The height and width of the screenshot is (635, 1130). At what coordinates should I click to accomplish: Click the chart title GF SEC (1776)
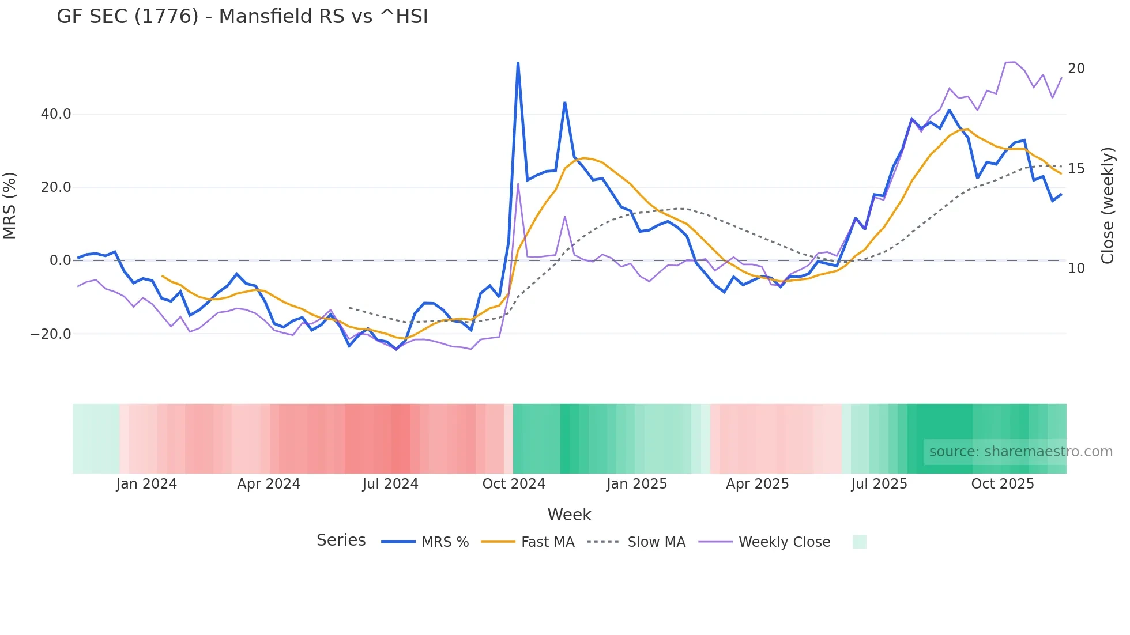click(242, 16)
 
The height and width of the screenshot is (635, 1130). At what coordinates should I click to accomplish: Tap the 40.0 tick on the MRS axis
click(56, 114)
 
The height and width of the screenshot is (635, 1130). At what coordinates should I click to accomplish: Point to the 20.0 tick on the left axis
click(56, 187)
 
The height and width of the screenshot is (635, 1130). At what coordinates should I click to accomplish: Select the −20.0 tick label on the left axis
click(51, 334)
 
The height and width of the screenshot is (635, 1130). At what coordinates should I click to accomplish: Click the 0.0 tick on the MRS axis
click(60, 260)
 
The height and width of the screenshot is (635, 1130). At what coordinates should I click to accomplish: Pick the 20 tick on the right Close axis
click(1076, 69)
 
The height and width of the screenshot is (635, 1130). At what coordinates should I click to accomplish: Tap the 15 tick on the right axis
click(1076, 169)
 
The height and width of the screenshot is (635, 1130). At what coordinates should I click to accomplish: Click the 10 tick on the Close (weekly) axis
click(1076, 269)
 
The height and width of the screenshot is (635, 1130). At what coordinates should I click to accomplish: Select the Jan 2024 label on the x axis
click(146, 484)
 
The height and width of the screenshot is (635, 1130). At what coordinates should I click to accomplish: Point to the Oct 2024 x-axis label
click(514, 484)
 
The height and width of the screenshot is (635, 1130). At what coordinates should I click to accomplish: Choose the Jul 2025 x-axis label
click(879, 484)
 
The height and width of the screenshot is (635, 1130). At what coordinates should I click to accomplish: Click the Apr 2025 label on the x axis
click(757, 484)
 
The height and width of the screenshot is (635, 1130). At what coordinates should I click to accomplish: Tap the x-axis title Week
click(569, 515)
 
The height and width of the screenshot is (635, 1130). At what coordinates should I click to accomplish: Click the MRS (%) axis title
click(10, 206)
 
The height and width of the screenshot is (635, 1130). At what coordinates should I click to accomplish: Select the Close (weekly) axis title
click(1108, 206)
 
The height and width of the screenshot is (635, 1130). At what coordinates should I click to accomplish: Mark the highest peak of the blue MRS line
click(518, 63)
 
